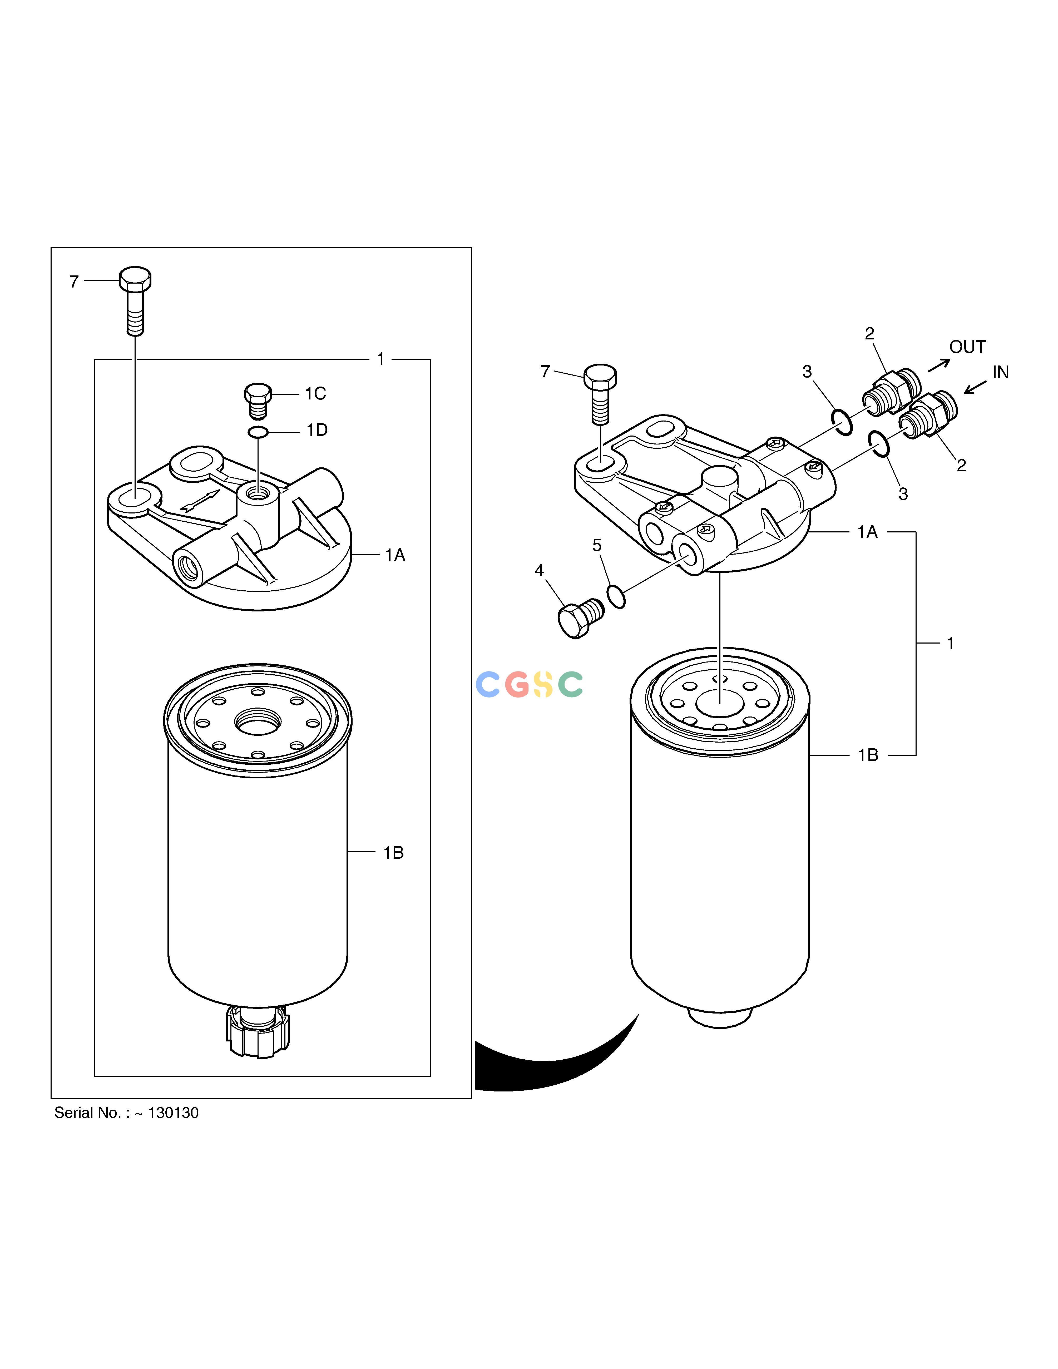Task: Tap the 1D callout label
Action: tap(317, 430)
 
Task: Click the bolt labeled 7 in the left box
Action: tap(135, 301)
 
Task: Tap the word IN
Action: tap(1000, 372)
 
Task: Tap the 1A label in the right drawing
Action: tap(867, 532)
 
